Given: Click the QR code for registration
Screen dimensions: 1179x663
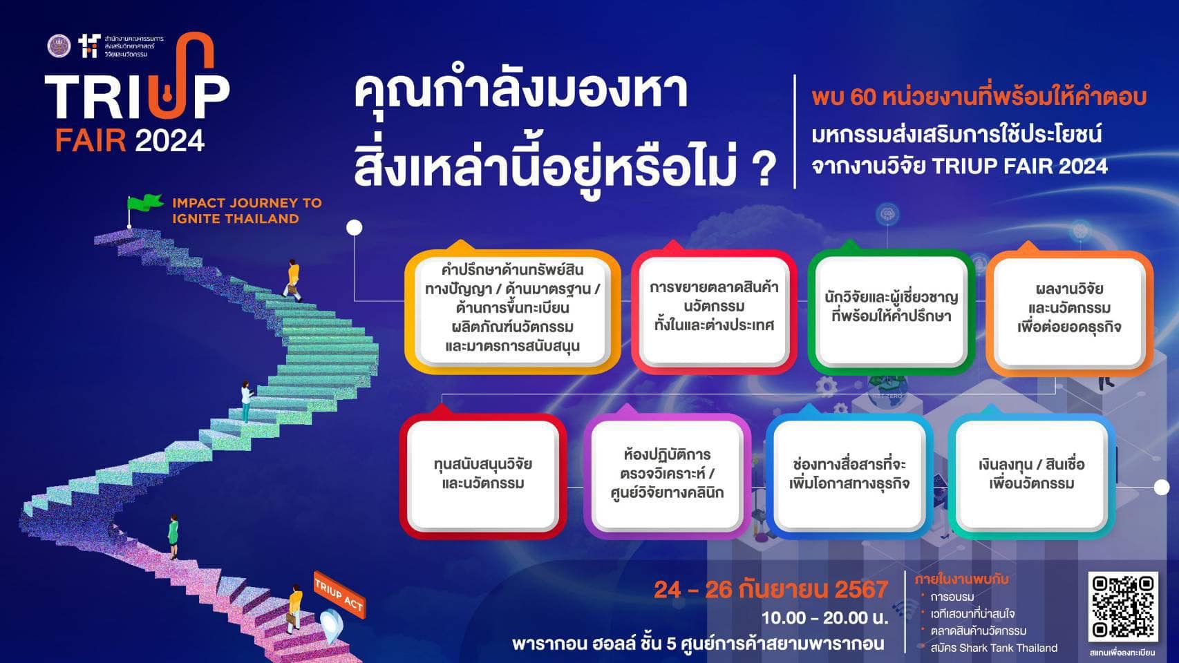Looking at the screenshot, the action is [1123, 606].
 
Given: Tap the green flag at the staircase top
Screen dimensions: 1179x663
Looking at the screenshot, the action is [144, 203].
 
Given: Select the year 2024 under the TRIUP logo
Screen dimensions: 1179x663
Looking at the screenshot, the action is [169, 140].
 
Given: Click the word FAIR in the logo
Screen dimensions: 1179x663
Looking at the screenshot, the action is [91, 140].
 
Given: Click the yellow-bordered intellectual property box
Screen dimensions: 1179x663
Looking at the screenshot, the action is [512, 311].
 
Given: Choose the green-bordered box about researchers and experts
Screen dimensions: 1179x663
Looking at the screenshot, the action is [891, 311].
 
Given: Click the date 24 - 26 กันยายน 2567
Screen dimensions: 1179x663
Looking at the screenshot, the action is [771, 589].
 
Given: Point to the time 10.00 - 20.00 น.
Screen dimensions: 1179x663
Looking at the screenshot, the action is [824, 617].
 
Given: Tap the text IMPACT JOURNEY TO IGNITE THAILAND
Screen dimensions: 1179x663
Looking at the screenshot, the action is [246, 211].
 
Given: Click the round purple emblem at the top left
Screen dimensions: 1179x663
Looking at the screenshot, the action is [59, 46].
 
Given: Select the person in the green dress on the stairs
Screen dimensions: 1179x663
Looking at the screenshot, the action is [173, 537].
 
